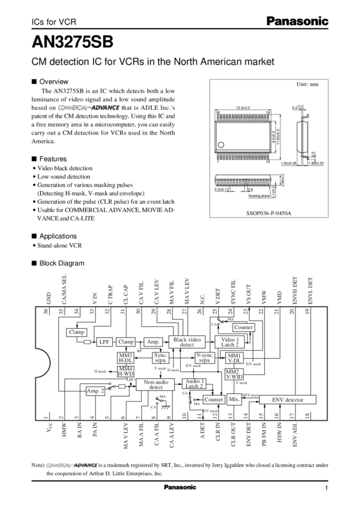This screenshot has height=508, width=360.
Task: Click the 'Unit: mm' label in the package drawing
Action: [x=307, y=85]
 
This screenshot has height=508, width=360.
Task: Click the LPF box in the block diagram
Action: [x=105, y=341]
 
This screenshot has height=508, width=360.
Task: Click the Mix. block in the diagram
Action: [x=234, y=399]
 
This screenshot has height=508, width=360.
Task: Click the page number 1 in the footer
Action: [x=327, y=488]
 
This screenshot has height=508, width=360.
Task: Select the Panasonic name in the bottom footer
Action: [x=180, y=488]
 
